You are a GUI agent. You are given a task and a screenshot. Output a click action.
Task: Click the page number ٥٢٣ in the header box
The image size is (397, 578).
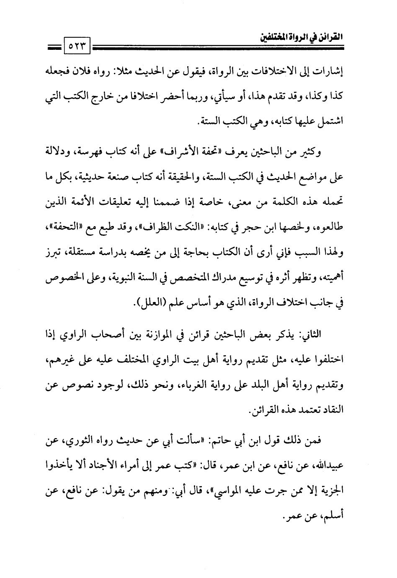(78, 43)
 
